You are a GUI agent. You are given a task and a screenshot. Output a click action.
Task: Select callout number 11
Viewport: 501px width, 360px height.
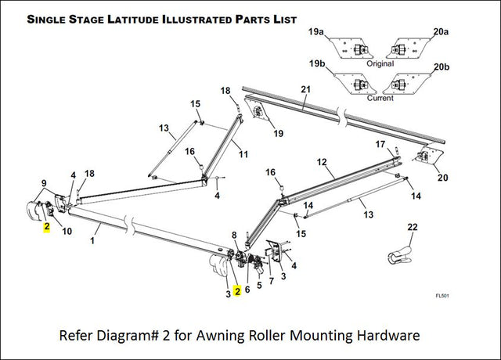pyautogui.click(x=243, y=154)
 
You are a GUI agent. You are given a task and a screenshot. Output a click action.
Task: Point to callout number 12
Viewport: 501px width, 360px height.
pyautogui.click(x=321, y=162)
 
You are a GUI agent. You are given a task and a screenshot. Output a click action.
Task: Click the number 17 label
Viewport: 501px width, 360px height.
pyautogui.click(x=380, y=145)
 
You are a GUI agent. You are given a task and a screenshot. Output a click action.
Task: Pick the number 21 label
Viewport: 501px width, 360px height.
pyautogui.click(x=305, y=89)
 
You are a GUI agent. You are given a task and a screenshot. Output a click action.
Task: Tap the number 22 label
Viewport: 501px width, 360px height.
pyautogui.click(x=413, y=227)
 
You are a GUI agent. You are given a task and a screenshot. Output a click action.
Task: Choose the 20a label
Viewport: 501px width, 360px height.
pyautogui.click(x=441, y=32)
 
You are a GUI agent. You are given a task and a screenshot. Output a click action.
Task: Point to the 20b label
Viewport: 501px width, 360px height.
pyautogui.click(x=441, y=67)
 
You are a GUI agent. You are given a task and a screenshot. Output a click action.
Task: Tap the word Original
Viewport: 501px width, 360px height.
pyautogui.click(x=381, y=63)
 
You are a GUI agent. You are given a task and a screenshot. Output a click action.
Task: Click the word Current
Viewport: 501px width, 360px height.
pyautogui.click(x=381, y=99)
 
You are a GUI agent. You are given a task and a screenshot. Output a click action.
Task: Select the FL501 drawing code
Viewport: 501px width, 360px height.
pyautogui.click(x=444, y=296)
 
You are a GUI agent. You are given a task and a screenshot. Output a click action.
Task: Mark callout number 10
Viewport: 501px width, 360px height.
pyautogui.click(x=67, y=231)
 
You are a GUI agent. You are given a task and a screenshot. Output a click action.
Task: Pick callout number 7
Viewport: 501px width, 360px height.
pyautogui.click(x=272, y=280)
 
